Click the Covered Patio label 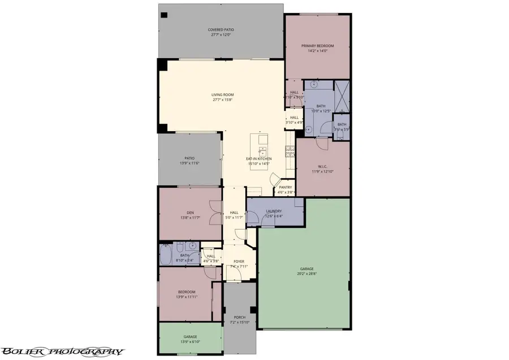coord(221,29)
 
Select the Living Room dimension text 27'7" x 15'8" coord(222,100)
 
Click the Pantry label coord(285,187)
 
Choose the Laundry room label coord(274,211)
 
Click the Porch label coord(240,318)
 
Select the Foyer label coord(239,262)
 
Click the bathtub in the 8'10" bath coord(166,255)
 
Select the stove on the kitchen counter coord(290,151)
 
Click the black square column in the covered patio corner coord(163,15)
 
